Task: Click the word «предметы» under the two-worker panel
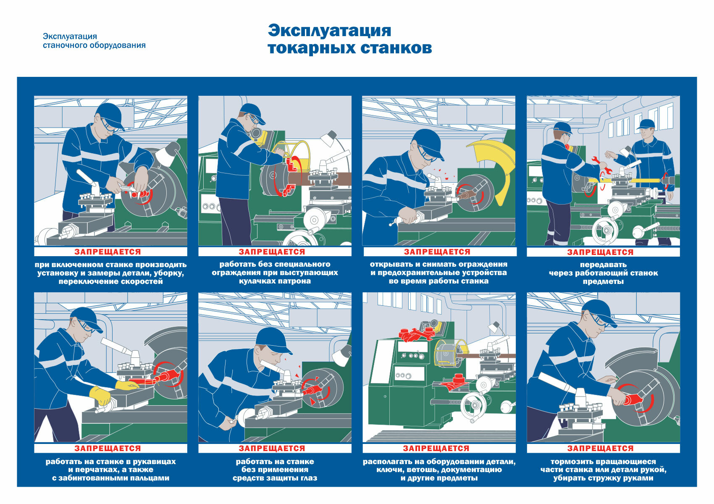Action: click(603, 281)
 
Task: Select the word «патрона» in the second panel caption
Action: click(296, 281)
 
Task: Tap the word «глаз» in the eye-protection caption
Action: click(307, 478)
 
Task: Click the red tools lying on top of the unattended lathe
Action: click(416, 334)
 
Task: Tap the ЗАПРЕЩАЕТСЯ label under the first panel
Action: click(108, 252)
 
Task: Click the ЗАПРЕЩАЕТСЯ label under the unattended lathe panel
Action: click(436, 448)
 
